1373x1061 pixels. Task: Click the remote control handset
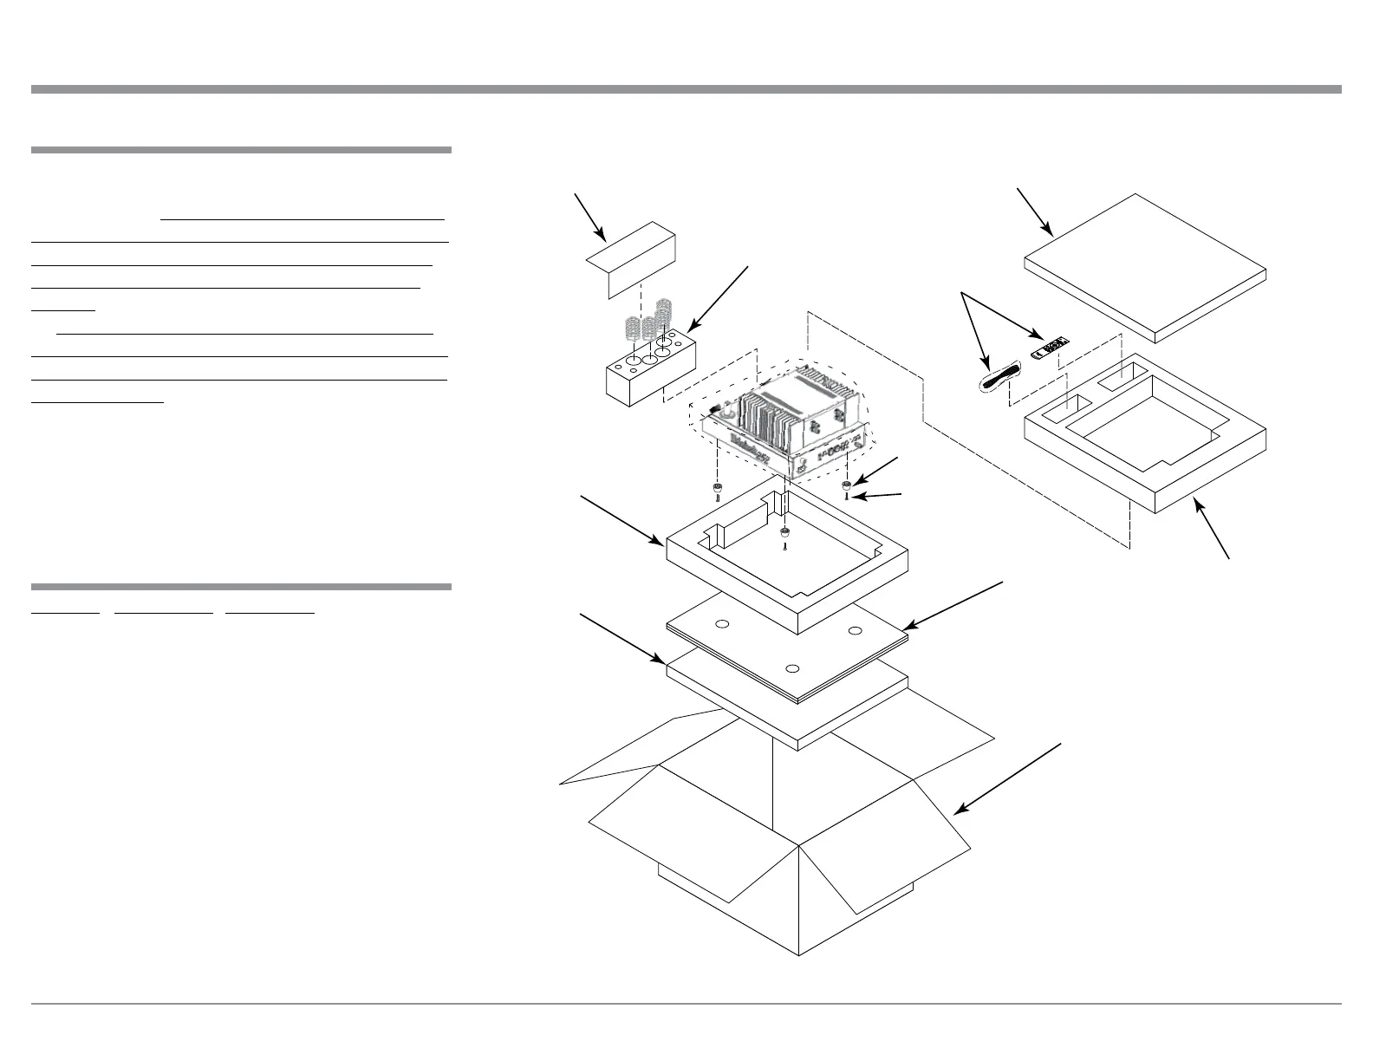pyautogui.click(x=1050, y=349)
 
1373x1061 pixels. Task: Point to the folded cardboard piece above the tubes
pyautogui.click(x=632, y=258)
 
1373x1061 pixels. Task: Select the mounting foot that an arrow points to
pyautogui.click(x=846, y=485)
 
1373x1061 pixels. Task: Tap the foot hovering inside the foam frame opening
pyautogui.click(x=784, y=531)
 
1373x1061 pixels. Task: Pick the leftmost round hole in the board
pyautogui.click(x=720, y=624)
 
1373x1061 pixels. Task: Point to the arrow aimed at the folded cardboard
pyautogui.click(x=589, y=217)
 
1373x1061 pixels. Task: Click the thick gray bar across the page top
pyautogui.click(x=686, y=89)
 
